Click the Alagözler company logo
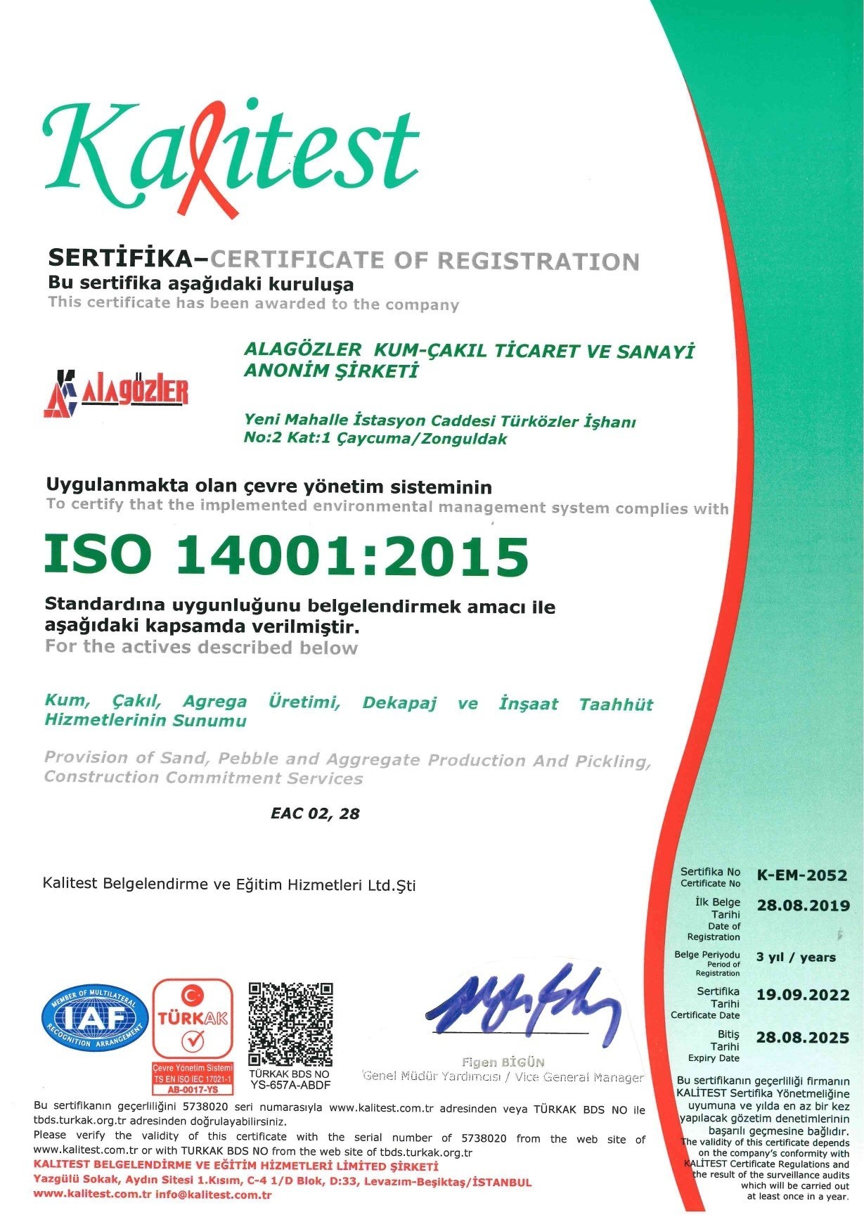point(116,392)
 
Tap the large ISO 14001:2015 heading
point(286,555)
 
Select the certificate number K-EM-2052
point(801,875)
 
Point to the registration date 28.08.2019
point(803,906)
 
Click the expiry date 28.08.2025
point(803,1038)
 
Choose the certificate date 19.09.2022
point(803,995)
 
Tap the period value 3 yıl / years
point(796,957)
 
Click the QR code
point(290,1024)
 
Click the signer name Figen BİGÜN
point(503,1062)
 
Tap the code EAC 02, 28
point(315,813)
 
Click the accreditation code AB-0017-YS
point(193,1089)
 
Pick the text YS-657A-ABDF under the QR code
point(290,1085)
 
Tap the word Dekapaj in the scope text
point(399,703)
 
